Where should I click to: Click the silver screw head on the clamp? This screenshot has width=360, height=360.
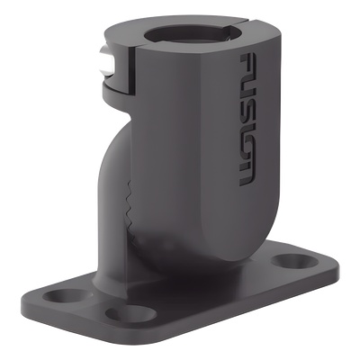point(105,64)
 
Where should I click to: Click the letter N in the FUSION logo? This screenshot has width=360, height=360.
point(247,173)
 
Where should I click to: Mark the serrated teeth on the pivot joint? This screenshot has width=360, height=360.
point(130,207)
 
